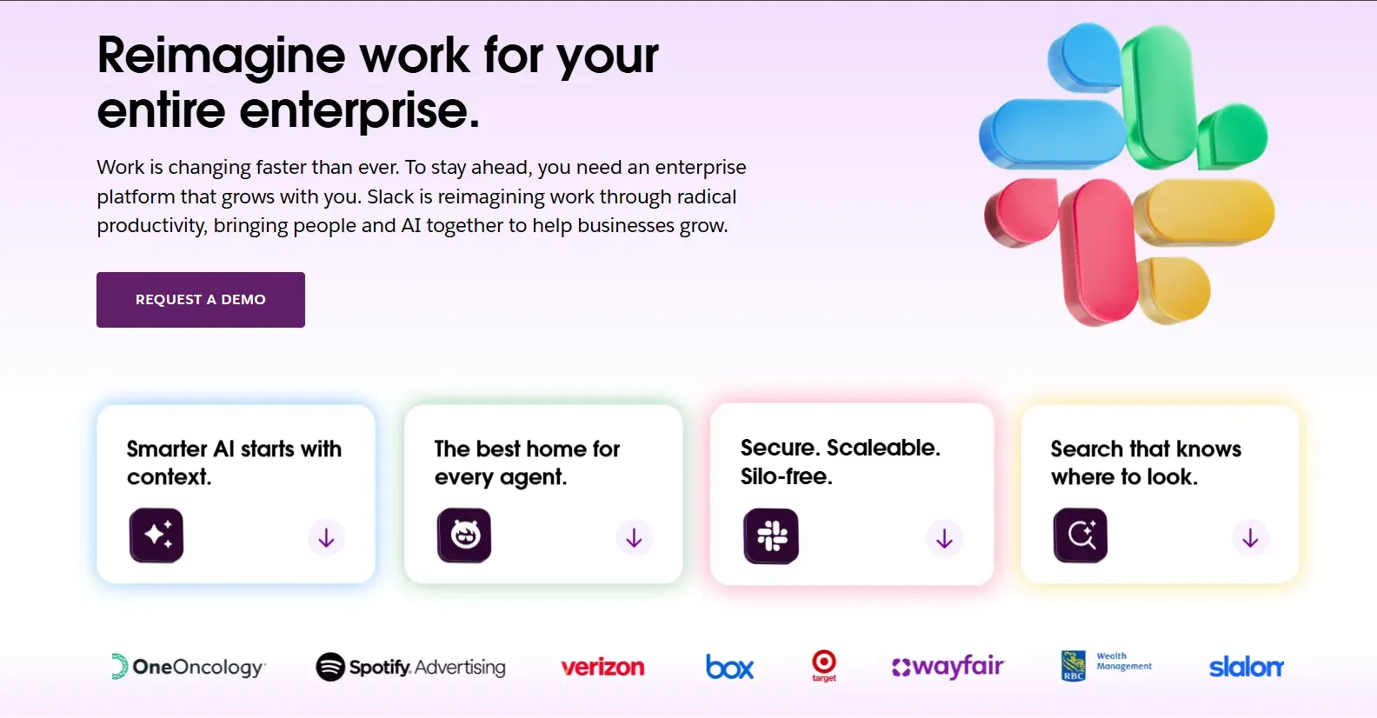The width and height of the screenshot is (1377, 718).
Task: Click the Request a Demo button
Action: point(200,300)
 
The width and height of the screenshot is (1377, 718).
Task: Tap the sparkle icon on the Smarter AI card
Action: point(156,535)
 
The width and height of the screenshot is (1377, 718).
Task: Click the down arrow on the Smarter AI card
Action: point(326,538)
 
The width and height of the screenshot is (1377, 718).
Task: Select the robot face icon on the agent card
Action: point(464,535)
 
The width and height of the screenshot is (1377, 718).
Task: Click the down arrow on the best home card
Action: point(634,538)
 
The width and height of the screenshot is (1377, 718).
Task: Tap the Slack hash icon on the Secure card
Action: point(771,536)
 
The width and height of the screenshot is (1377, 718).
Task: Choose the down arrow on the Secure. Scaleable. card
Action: point(944,539)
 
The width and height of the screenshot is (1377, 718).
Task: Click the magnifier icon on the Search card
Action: point(1081,535)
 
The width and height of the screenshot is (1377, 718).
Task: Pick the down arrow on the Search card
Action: point(1250,538)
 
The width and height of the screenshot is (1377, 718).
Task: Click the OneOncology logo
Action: point(189,667)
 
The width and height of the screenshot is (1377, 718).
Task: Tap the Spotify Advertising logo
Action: point(410,667)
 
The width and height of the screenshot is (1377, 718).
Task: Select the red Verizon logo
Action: point(602,668)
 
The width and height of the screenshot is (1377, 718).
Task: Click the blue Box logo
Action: point(729,667)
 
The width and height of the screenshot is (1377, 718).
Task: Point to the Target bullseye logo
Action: point(823,665)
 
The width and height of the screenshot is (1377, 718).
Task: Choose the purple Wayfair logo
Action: point(948,667)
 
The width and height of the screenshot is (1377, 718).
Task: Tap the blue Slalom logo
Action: point(1246,667)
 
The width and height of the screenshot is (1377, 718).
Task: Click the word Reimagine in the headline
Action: point(222,56)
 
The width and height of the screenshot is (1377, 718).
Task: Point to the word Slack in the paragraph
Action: point(390,197)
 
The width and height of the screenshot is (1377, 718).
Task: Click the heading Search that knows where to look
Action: point(1146,462)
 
